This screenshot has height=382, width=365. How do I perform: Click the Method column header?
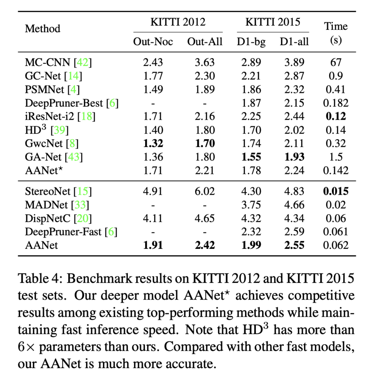pos(42,28)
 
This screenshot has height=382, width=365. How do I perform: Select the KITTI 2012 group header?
pos(178,22)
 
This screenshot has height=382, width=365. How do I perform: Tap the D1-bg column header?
pos(251,42)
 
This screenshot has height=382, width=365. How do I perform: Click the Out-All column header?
pos(204,42)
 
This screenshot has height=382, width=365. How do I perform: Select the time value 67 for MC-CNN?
pos(336,62)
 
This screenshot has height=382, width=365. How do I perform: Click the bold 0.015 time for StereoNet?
pos(336,192)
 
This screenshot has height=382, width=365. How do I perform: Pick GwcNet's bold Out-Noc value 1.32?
pos(153,143)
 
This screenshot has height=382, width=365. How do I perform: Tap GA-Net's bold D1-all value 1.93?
pos(294,157)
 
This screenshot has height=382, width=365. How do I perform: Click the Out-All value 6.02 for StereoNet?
pos(204,192)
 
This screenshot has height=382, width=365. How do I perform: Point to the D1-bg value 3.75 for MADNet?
pos(251,205)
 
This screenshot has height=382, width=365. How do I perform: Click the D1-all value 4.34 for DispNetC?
pos(294,218)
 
